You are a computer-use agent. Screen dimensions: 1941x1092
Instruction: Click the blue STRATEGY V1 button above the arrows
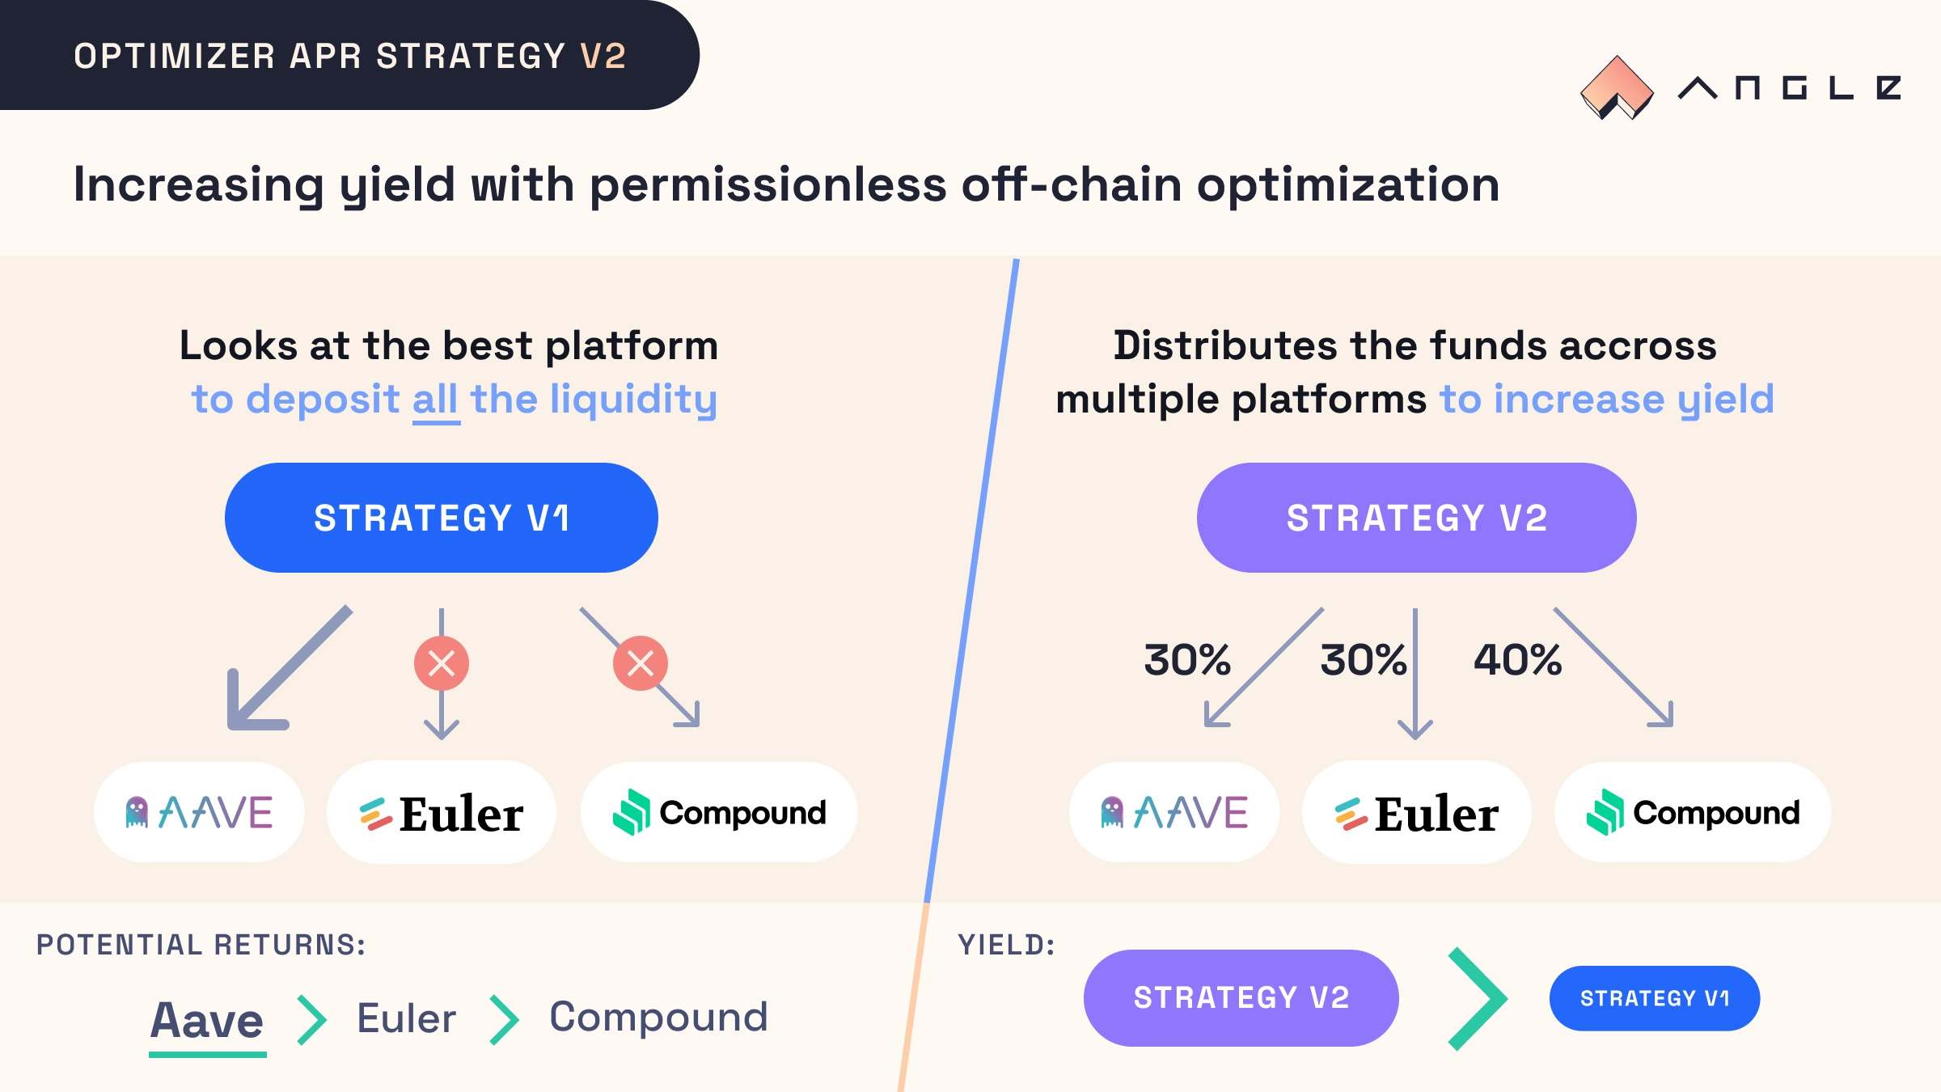click(x=442, y=518)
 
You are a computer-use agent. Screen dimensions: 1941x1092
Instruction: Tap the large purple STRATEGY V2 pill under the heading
click(x=1417, y=518)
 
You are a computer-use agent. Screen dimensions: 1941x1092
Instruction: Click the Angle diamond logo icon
click(x=1617, y=87)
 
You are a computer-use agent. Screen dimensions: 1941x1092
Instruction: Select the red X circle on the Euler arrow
click(x=442, y=663)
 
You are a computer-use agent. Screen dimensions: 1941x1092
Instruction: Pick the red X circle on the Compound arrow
click(x=641, y=663)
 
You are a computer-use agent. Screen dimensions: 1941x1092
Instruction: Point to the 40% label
click(x=1517, y=660)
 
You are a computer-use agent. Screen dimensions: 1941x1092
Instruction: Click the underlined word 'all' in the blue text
click(x=436, y=400)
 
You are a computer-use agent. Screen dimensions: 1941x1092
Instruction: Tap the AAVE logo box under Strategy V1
click(x=199, y=812)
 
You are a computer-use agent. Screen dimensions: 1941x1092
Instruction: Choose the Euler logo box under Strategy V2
click(x=1417, y=812)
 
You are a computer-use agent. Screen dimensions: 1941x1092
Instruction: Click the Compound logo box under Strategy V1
click(x=719, y=812)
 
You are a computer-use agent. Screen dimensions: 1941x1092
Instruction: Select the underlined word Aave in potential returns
click(x=207, y=1021)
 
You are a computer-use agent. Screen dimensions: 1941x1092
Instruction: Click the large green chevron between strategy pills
click(x=1478, y=999)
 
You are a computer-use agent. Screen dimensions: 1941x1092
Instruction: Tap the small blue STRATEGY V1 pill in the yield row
click(x=1655, y=998)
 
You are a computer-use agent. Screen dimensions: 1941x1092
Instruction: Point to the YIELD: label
click(x=1007, y=945)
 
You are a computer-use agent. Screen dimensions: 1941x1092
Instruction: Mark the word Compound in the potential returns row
click(x=658, y=1018)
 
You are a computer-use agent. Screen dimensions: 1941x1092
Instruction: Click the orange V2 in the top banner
click(x=603, y=57)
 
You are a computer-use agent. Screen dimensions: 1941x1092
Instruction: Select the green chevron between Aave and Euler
click(x=312, y=1020)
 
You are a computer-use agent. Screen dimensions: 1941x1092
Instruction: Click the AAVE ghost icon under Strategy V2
click(x=1112, y=812)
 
